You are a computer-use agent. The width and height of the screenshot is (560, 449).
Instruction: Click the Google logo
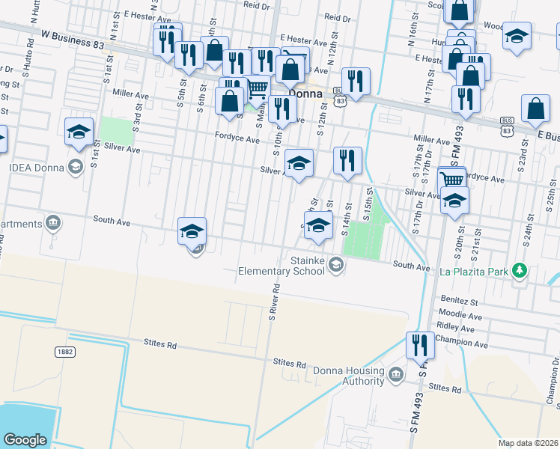(25, 439)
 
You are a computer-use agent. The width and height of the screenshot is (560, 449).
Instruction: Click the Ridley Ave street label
(457, 328)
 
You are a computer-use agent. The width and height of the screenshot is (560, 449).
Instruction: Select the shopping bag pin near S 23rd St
(535, 110)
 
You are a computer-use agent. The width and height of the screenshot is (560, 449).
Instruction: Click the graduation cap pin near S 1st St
(79, 133)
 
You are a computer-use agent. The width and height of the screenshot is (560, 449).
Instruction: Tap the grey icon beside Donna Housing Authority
(396, 372)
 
